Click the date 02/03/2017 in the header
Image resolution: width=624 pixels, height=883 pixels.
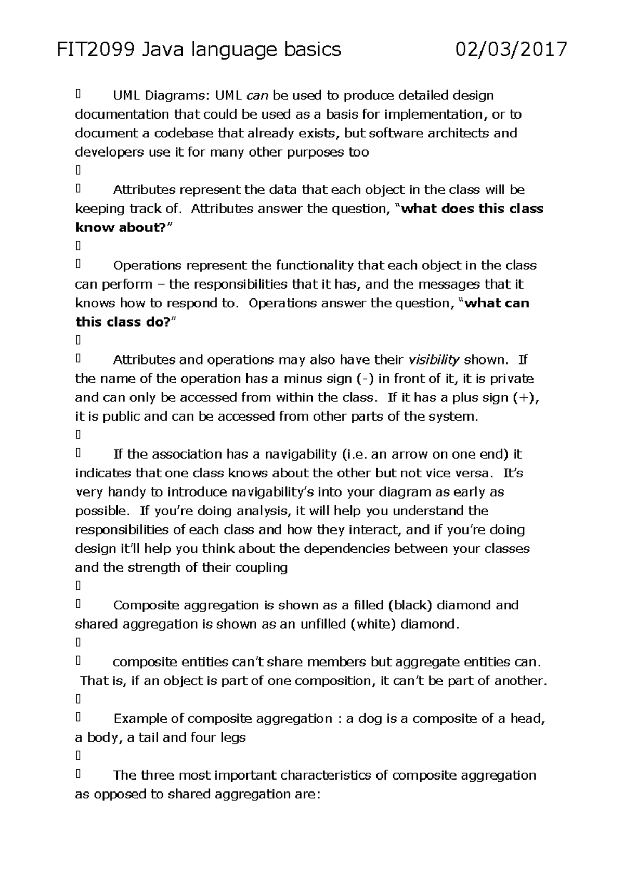(x=511, y=50)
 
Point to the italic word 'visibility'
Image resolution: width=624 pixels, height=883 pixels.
(x=434, y=360)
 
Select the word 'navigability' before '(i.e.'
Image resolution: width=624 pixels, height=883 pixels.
(x=301, y=455)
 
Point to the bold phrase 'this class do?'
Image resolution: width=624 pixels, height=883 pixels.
(x=123, y=322)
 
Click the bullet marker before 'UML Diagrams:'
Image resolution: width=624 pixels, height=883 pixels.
(x=78, y=95)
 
